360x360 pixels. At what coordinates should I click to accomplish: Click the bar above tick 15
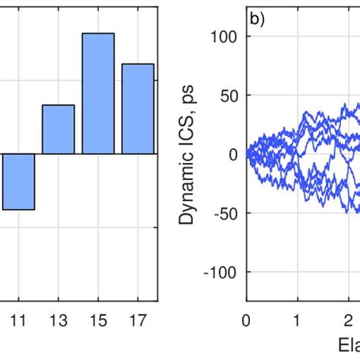click(98, 93)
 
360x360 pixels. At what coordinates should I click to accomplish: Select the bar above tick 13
click(58, 129)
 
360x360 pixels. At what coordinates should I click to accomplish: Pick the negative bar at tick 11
click(18, 182)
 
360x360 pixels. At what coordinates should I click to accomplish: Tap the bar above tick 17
click(137, 109)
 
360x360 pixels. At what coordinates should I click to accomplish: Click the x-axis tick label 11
click(18, 321)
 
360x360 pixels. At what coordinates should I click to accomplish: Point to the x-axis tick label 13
click(58, 321)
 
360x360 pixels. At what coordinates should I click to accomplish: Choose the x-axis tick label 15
click(98, 321)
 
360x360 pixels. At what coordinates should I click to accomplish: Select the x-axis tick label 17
click(137, 321)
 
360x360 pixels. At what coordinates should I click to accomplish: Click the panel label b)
click(257, 18)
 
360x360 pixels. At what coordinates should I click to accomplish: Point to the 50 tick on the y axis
click(229, 96)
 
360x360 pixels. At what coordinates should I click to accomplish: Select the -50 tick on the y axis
click(226, 213)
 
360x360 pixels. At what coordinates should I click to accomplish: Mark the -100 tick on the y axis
click(223, 273)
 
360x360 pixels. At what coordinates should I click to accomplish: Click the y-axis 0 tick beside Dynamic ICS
click(232, 155)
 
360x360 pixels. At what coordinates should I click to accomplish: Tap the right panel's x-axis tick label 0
click(246, 321)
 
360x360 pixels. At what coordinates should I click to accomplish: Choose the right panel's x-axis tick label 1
click(298, 321)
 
